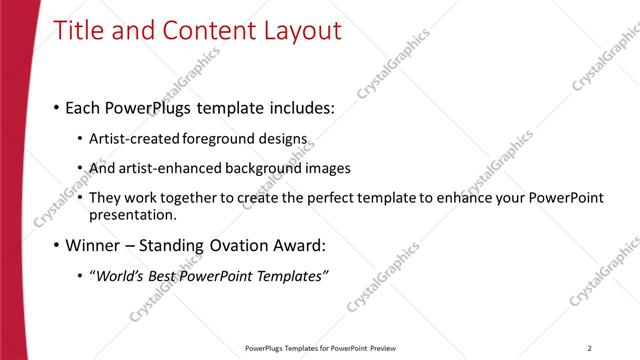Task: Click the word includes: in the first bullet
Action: tap(298, 107)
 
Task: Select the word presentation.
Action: tap(132, 215)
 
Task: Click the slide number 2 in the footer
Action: tap(590, 348)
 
